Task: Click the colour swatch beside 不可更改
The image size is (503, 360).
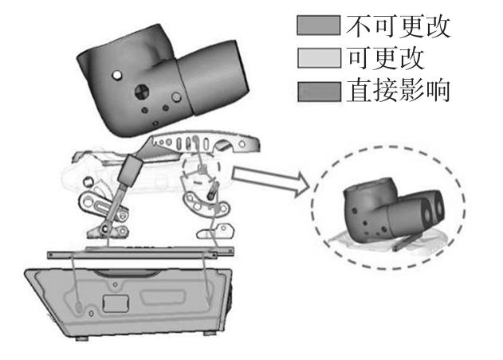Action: tap(318, 28)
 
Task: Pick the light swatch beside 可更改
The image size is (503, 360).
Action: tap(318, 60)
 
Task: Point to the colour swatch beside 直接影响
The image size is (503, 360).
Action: tap(318, 92)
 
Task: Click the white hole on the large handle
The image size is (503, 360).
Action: tap(118, 76)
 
